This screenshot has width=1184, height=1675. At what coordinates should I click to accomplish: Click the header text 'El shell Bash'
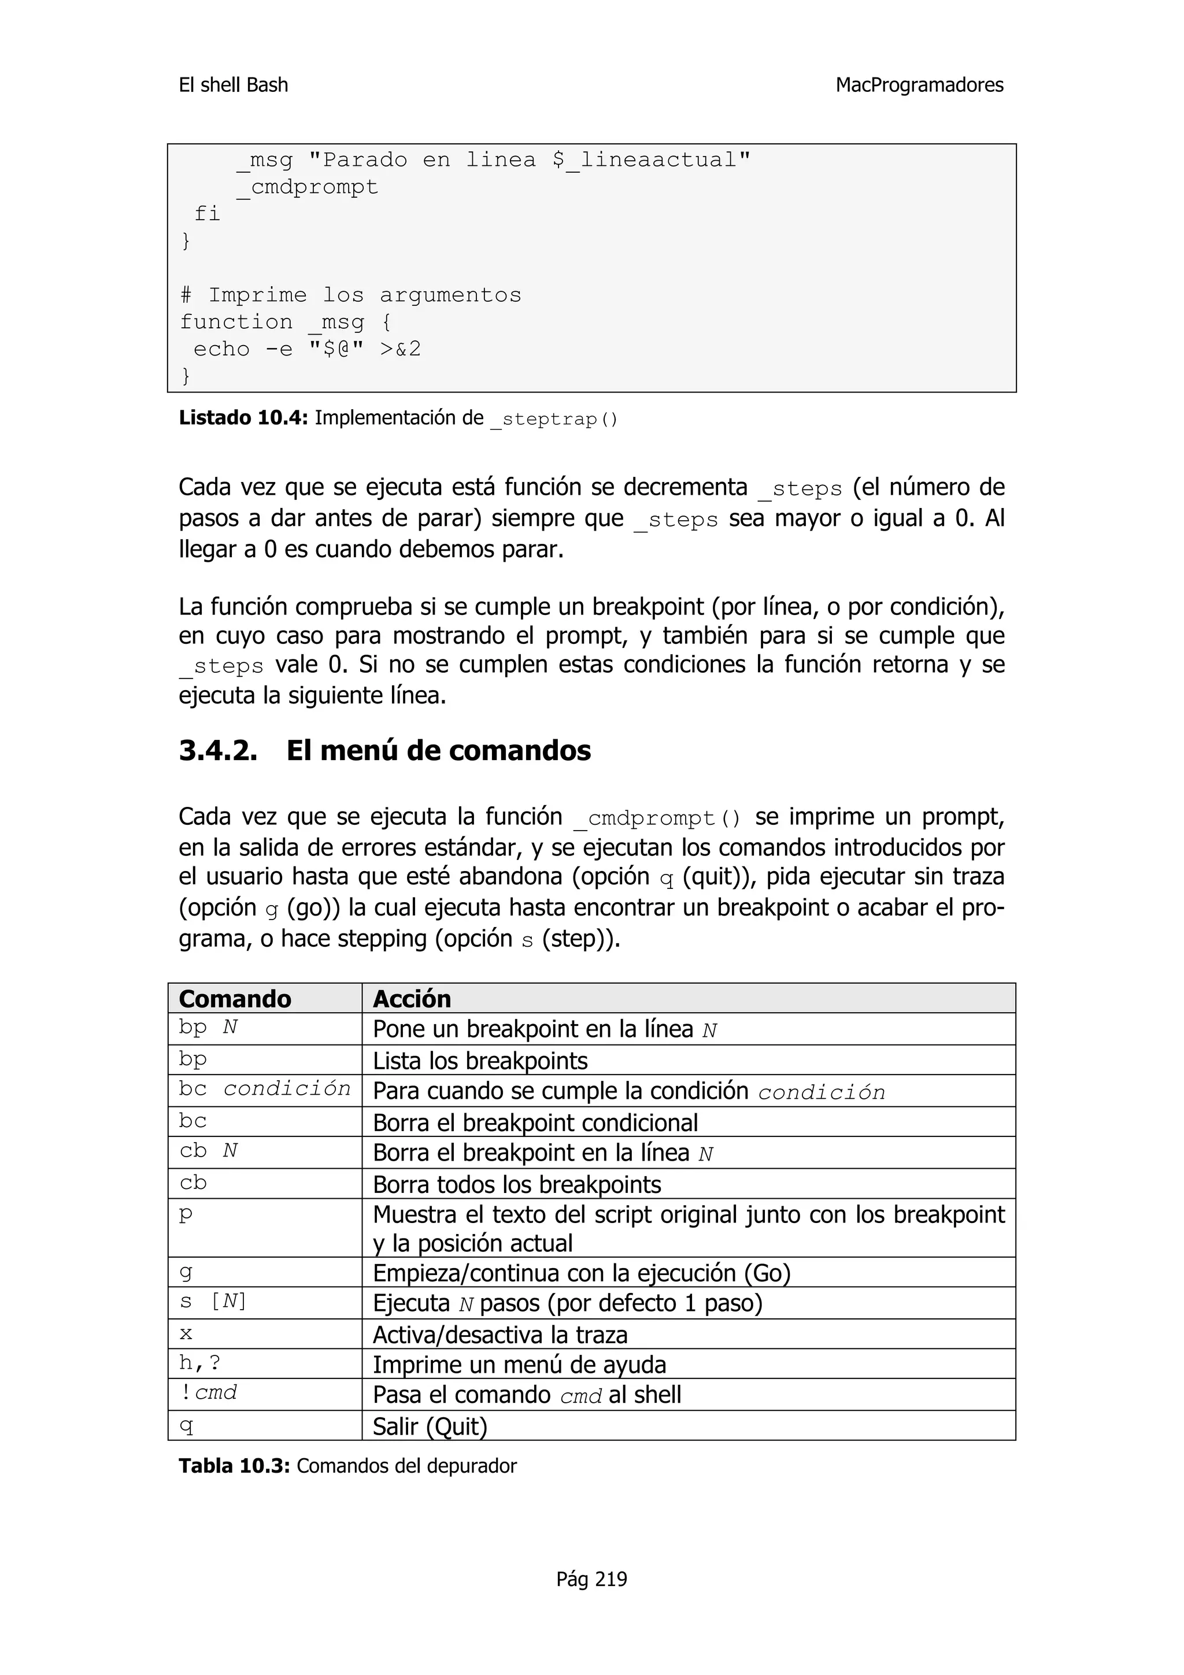(x=234, y=86)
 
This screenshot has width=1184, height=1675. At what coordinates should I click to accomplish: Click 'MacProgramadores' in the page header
(x=919, y=86)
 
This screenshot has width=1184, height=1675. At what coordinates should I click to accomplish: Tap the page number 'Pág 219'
(x=591, y=1578)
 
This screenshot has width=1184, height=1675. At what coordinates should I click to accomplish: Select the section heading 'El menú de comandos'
(x=438, y=751)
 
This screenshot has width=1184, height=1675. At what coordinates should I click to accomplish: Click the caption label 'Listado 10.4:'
(x=243, y=418)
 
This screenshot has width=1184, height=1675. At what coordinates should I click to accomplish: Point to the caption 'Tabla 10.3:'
(x=234, y=1466)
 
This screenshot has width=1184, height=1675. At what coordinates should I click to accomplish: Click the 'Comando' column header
(x=235, y=999)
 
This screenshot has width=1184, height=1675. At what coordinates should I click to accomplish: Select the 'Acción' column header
(x=412, y=999)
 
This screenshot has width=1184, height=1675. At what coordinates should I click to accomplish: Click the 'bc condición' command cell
(x=264, y=1089)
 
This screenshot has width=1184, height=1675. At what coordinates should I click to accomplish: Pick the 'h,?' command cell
(x=200, y=1363)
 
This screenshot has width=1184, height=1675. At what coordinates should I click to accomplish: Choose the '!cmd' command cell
(x=209, y=1393)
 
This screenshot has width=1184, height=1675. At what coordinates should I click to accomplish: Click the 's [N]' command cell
(x=213, y=1302)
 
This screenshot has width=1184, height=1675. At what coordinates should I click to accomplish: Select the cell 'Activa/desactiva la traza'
(x=499, y=1335)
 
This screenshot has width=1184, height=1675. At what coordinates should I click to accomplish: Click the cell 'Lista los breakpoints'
(x=480, y=1061)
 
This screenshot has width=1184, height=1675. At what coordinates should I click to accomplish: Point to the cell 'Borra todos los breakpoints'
(x=516, y=1185)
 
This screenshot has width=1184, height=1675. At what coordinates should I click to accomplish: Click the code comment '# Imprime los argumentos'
(x=351, y=295)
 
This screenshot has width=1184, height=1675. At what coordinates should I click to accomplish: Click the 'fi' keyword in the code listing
(x=207, y=214)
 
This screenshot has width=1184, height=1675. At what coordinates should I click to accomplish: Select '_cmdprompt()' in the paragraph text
(x=657, y=818)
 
